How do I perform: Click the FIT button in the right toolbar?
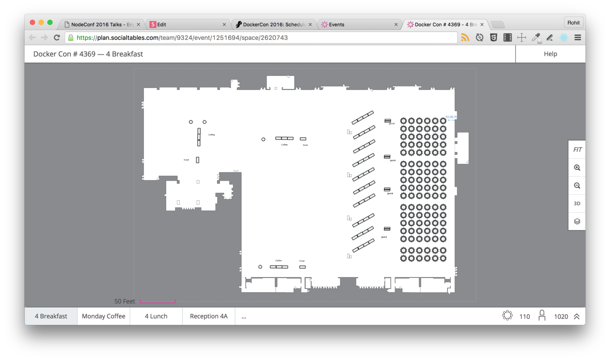point(577,150)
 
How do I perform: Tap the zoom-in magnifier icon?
point(577,168)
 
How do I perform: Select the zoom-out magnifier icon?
point(577,186)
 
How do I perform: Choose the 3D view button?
point(577,204)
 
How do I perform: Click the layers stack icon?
point(577,222)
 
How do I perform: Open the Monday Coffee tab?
point(104,316)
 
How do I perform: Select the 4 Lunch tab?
point(156,316)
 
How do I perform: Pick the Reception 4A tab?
point(209,316)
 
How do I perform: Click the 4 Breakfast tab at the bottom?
point(51,316)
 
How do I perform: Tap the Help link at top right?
point(550,54)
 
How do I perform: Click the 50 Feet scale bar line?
point(158,302)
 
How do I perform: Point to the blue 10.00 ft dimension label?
point(451,117)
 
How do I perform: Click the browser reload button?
point(57,38)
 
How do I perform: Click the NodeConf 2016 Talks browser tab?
point(102,24)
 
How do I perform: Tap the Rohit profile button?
point(573,23)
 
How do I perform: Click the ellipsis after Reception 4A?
point(244,316)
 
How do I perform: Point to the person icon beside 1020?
point(542,316)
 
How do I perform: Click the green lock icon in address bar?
point(71,38)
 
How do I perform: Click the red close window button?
point(32,23)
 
